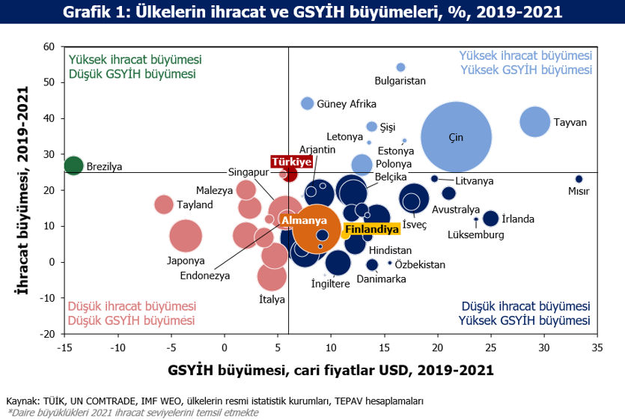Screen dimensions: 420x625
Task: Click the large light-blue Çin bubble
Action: pyautogui.click(x=456, y=137)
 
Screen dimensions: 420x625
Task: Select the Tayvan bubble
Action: pyautogui.click(x=534, y=121)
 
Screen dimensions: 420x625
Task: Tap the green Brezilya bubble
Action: pyautogui.click(x=73, y=165)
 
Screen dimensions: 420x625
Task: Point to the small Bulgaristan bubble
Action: pyautogui.click(x=400, y=67)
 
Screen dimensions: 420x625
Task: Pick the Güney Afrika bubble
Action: pyautogui.click(x=307, y=103)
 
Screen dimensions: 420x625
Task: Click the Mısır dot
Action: pyautogui.click(x=579, y=179)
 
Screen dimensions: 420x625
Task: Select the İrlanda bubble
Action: pyautogui.click(x=490, y=219)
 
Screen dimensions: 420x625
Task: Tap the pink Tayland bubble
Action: pyautogui.click(x=164, y=204)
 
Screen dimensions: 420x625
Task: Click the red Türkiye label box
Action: pyautogui.click(x=291, y=162)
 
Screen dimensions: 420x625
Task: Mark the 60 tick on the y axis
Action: pyautogui.click(x=49, y=46)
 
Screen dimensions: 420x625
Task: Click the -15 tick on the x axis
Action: pyautogui.click(x=64, y=347)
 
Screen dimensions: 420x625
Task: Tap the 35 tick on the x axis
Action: pyautogui.click(x=597, y=347)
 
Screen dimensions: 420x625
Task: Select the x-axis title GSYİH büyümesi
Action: pyautogui.click(x=330, y=370)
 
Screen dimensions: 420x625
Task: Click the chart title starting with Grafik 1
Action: pyautogui.click(x=312, y=13)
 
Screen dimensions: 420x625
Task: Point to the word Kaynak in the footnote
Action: pyautogui.click(x=22, y=401)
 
